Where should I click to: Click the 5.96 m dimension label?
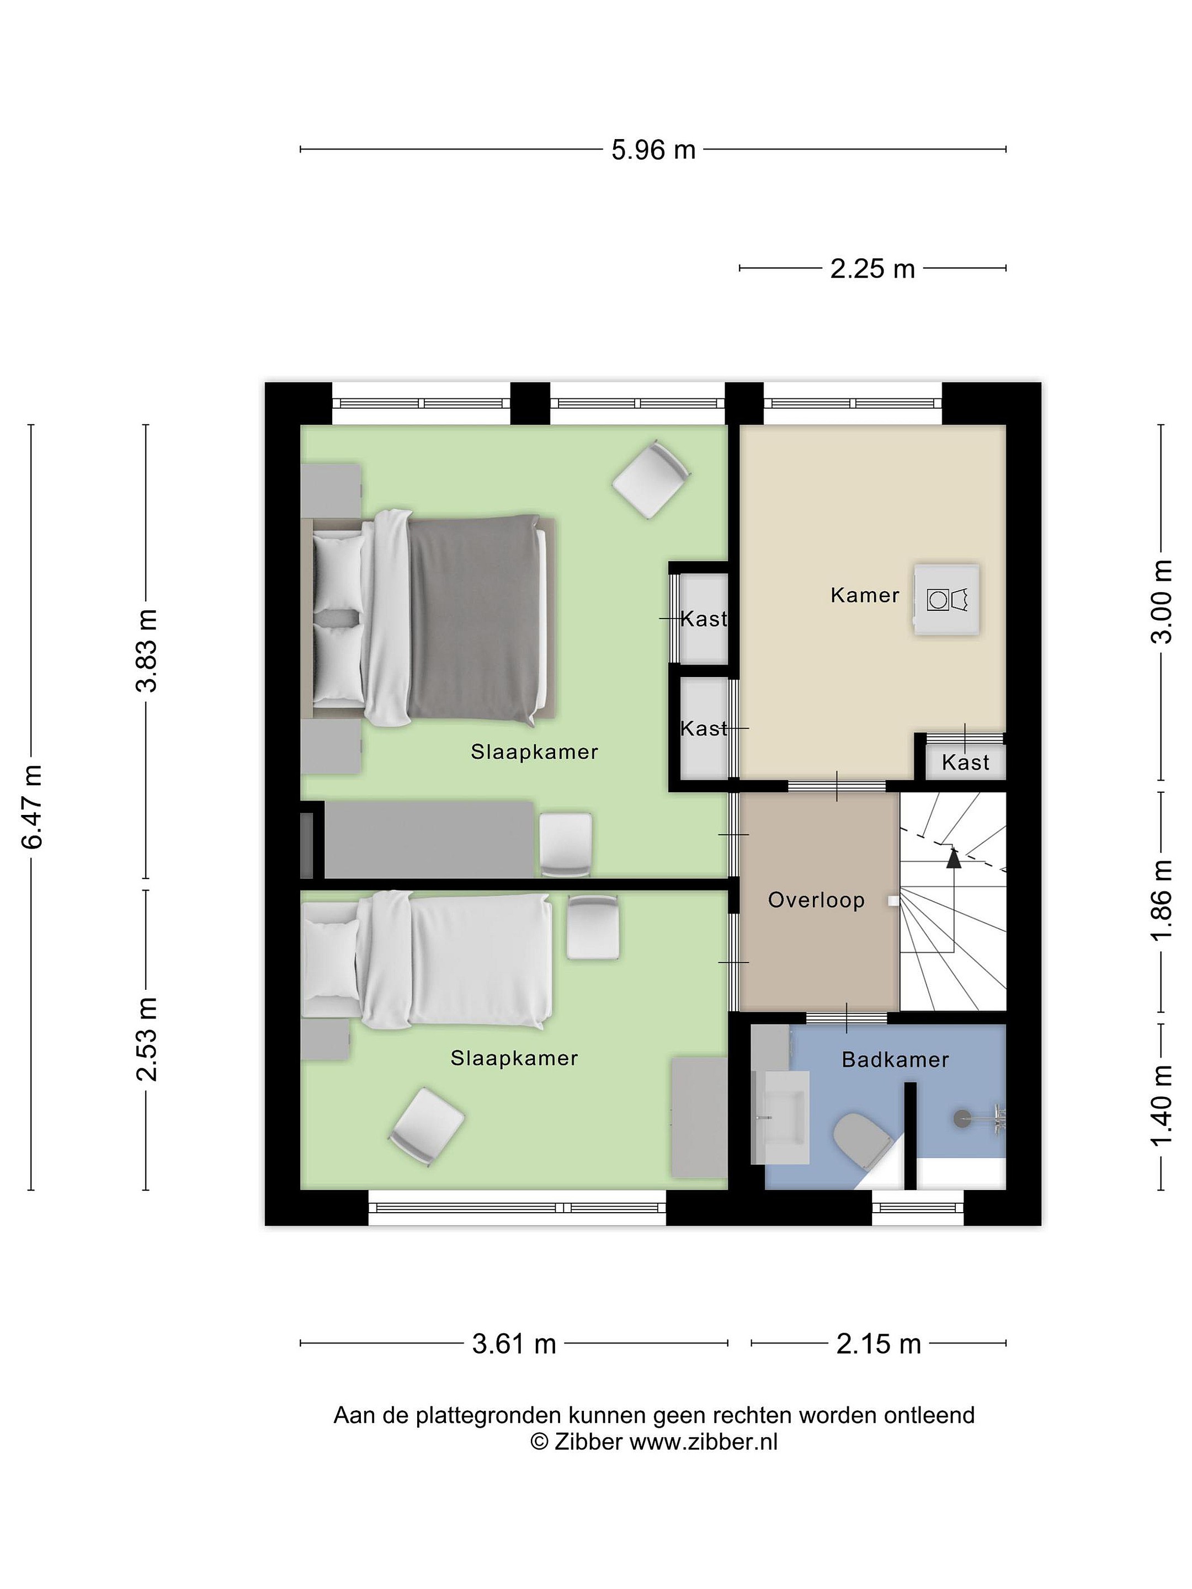click(x=653, y=150)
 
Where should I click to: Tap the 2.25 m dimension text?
click(x=872, y=269)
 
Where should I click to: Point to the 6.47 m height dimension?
click(x=33, y=807)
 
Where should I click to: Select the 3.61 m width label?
click(x=514, y=1343)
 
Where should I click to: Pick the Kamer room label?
click(x=864, y=595)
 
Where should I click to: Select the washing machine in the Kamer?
click(x=947, y=599)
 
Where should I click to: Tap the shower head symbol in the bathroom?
click(x=962, y=1118)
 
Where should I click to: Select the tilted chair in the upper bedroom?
click(x=651, y=479)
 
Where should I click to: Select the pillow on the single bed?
click(x=331, y=961)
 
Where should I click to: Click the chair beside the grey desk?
click(x=566, y=845)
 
